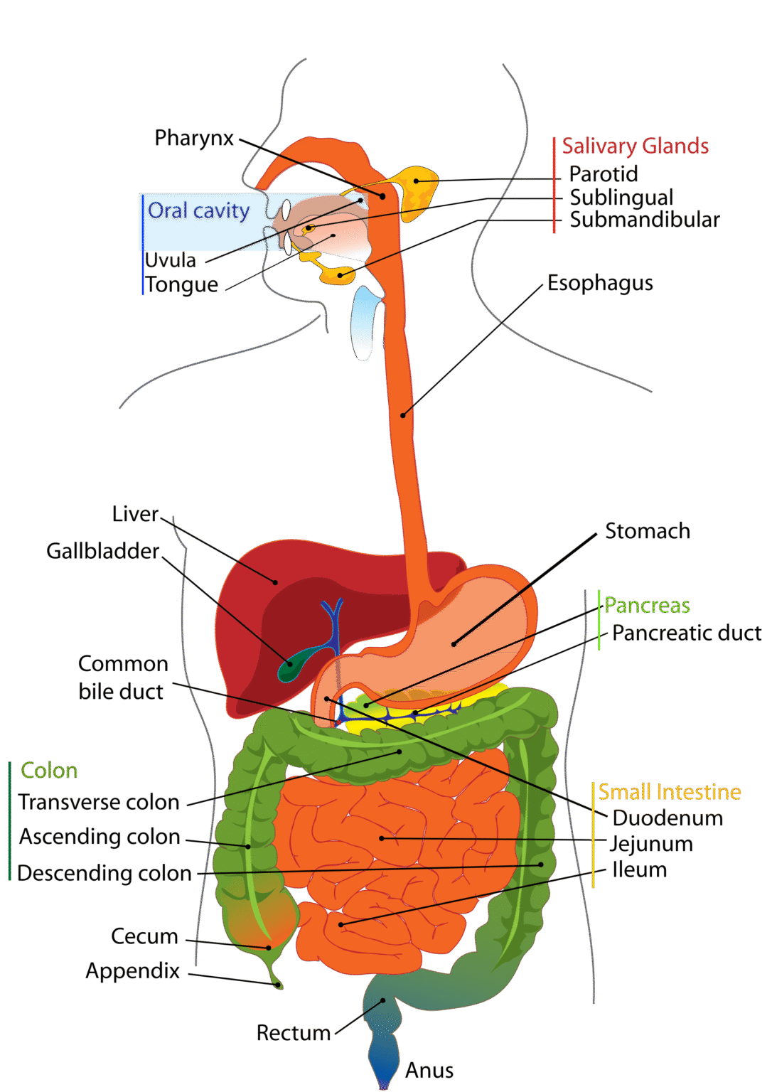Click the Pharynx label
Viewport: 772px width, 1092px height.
(x=194, y=138)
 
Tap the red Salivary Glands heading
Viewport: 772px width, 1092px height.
(x=635, y=146)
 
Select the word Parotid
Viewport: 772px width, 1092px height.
(x=604, y=174)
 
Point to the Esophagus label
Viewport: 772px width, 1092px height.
(x=600, y=283)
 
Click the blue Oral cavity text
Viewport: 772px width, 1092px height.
(x=198, y=211)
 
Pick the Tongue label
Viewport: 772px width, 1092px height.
(x=182, y=284)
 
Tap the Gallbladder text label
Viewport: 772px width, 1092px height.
(x=103, y=551)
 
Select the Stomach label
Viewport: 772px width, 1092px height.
(x=647, y=531)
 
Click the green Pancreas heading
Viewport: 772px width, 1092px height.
(x=647, y=606)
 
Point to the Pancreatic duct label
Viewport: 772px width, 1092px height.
(x=686, y=633)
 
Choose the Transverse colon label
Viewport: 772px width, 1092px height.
(x=99, y=802)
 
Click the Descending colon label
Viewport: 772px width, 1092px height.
(x=104, y=873)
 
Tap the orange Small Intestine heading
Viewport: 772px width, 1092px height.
(x=669, y=792)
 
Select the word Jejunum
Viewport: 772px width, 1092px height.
(x=651, y=844)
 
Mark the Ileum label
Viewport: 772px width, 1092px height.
(x=640, y=869)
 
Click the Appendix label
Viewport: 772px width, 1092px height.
(x=133, y=971)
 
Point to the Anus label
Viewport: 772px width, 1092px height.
(x=429, y=1071)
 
